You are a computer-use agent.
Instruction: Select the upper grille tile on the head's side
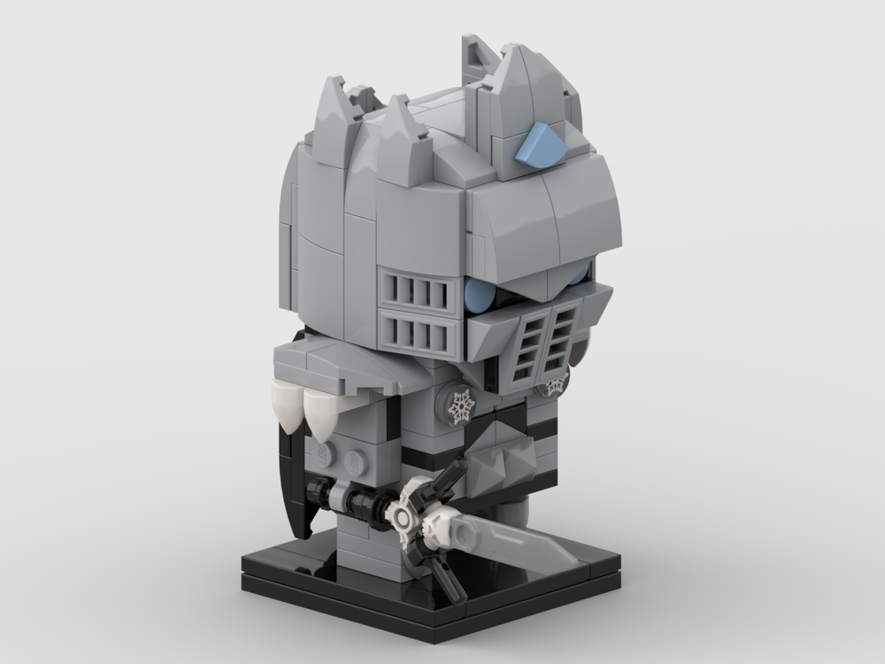coord(419,292)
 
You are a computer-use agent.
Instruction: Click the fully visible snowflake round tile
coord(460,405)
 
